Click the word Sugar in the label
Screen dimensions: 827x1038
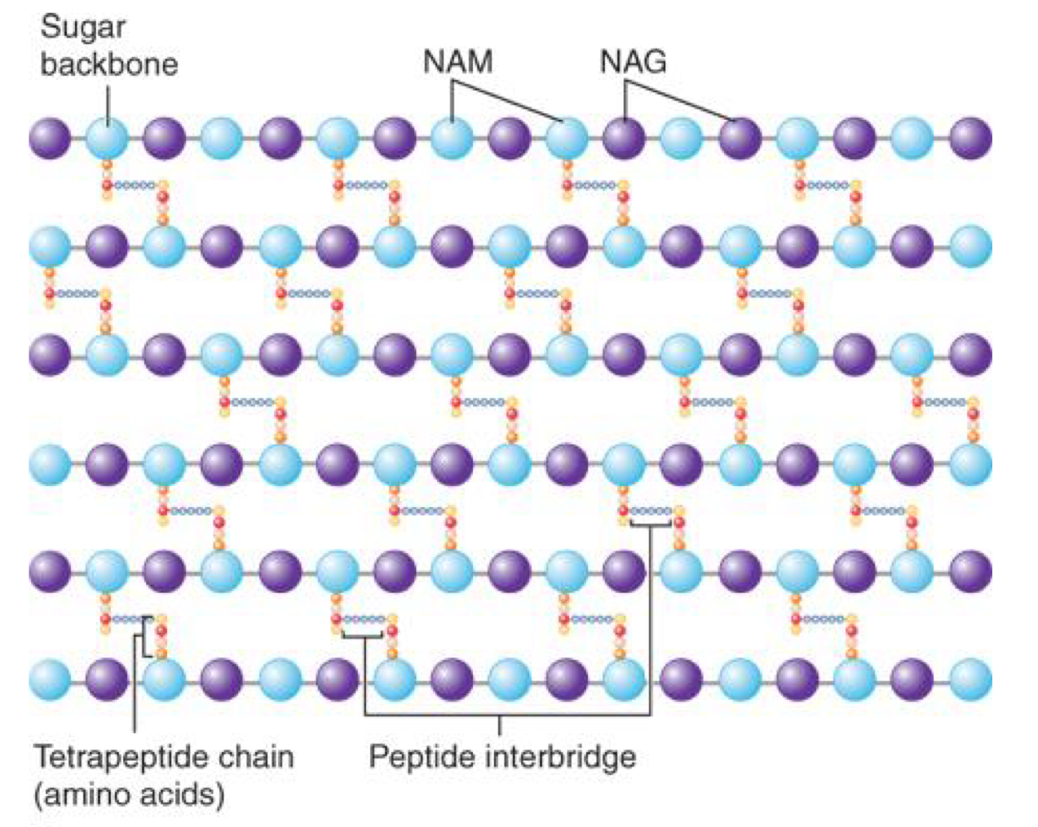82,27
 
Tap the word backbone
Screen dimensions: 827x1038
109,64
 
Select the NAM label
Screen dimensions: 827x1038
457,62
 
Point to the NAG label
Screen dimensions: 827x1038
633,62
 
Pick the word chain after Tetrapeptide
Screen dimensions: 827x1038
254,757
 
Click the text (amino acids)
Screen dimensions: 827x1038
129,794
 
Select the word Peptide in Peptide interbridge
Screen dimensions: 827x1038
421,757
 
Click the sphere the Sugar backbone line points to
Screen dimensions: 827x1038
107,138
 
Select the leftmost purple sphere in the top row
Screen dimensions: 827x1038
50,138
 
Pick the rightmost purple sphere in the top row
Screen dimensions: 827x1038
970,138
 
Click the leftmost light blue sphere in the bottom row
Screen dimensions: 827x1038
50,679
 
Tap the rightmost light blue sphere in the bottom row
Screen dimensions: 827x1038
970,679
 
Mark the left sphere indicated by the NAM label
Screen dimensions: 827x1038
453,138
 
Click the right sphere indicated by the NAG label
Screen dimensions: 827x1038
740,138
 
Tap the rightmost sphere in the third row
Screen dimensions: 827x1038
970,355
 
